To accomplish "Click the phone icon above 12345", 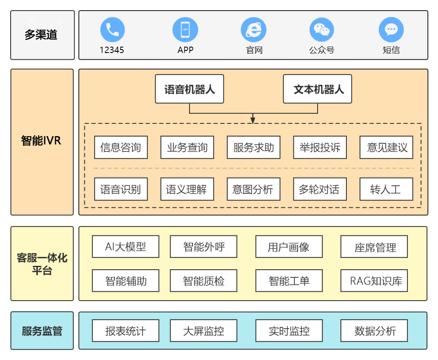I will coord(112,29).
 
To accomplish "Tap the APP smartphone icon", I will coord(185,29).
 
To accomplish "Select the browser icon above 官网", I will coord(254,29).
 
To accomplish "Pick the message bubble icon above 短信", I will coord(391,29).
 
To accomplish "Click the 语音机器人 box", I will coord(189,89).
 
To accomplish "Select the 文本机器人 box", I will coord(318,89).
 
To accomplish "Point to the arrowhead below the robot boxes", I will coord(253,120).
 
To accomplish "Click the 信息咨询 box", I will coord(121,148).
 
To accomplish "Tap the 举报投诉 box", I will coord(320,148).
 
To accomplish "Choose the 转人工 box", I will coord(386,189).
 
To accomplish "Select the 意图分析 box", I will coord(253,189).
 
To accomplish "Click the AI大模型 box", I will coord(126,247).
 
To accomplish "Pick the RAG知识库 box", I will coord(374,281).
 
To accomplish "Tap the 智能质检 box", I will coord(204,281).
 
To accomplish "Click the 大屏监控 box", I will coord(204,331).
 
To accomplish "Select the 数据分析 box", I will coord(374,331).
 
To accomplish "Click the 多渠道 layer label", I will coord(42,35).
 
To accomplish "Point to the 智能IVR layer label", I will coord(42,141).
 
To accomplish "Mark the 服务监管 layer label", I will coord(42,331).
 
